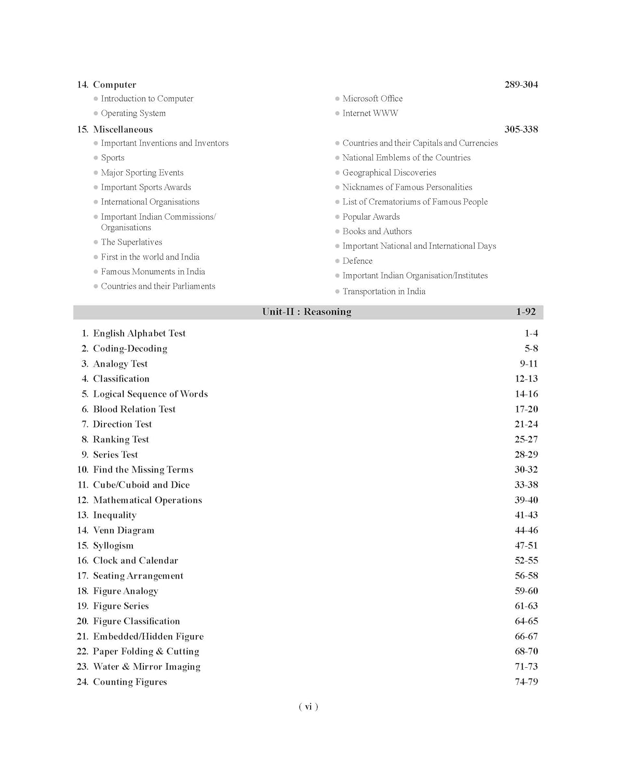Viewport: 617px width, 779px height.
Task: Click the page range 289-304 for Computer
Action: (521, 85)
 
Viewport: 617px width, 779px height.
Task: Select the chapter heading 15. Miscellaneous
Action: (115, 129)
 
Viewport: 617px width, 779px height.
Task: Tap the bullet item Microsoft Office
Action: (372, 99)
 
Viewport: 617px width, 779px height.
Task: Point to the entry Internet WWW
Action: (370, 113)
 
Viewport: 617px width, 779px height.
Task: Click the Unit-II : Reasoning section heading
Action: (306, 312)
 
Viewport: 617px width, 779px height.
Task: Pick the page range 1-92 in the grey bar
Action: (526, 312)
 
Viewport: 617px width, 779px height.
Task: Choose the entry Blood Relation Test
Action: (134, 409)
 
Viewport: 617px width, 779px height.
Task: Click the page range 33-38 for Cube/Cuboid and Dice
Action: (526, 485)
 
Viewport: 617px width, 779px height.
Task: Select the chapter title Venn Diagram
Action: (124, 530)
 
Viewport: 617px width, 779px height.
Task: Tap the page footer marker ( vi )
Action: (308, 706)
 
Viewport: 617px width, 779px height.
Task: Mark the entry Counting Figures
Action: (130, 682)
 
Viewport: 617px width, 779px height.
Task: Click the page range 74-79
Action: (526, 682)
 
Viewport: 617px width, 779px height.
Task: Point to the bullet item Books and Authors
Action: (377, 232)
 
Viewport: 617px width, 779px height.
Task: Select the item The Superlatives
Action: (131, 242)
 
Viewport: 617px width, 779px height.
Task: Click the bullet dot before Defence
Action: (338, 261)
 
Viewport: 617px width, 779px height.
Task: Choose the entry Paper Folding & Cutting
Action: (146, 651)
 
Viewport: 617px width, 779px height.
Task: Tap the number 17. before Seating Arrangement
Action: (83, 576)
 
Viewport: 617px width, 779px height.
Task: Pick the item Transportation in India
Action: (384, 291)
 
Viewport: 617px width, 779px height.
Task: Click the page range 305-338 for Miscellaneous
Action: (521, 129)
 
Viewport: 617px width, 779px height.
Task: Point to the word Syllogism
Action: (113, 545)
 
